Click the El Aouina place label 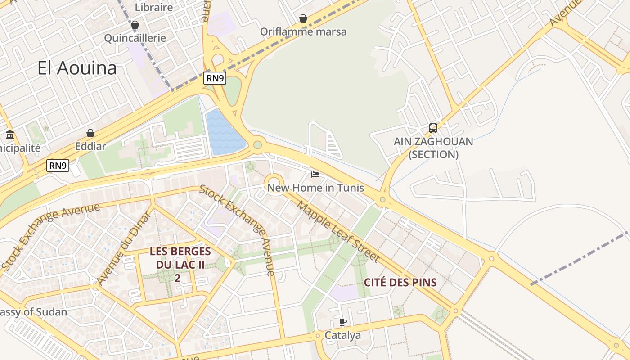pos(77,68)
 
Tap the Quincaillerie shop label pos(135,38)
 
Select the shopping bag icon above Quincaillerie pos(135,25)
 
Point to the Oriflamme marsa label pos(303,31)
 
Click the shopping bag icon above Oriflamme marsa pos(303,18)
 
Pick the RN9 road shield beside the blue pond pos(215,78)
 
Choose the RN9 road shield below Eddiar pos(58,166)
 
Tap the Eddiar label pos(90,146)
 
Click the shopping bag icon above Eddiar pos(90,133)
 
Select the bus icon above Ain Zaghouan pos(433,128)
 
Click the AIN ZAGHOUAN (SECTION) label pos(433,148)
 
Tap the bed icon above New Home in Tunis pos(315,175)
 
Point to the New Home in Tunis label pos(315,188)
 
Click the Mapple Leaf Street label pos(338,232)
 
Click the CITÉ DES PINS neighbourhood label pos(400,283)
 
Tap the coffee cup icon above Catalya pos(343,322)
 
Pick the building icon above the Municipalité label pos(10,135)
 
